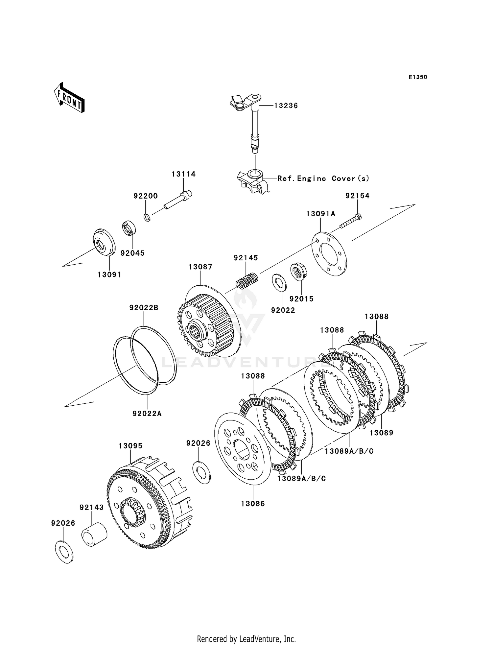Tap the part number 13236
pyautogui.click(x=286, y=106)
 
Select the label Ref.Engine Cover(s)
pyautogui.click(x=323, y=179)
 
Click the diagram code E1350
pyautogui.click(x=418, y=77)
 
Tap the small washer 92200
pyautogui.click(x=147, y=218)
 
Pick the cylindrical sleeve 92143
pyautogui.click(x=94, y=535)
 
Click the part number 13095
pyautogui.click(x=130, y=446)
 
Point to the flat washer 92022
pyautogui.click(x=279, y=282)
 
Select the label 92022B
pyautogui.click(x=144, y=308)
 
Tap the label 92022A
pyautogui.click(x=147, y=414)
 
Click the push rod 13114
pyautogui.click(x=177, y=200)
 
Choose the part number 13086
pyautogui.click(x=253, y=504)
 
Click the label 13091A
pyautogui.click(x=321, y=214)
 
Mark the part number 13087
pyautogui.click(x=200, y=267)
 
